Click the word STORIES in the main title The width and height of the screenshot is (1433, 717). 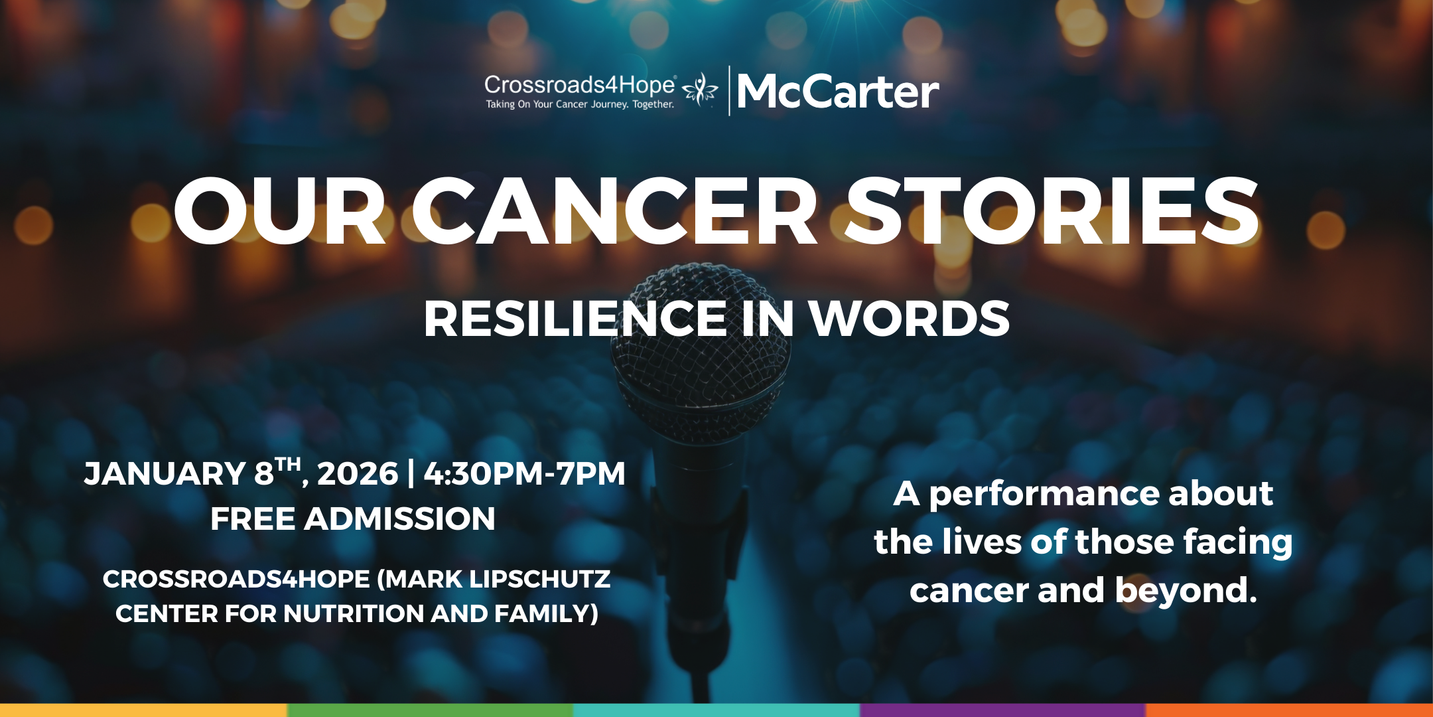tap(1052, 212)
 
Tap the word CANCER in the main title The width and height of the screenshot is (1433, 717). tap(614, 212)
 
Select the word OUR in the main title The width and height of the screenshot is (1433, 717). tap(279, 212)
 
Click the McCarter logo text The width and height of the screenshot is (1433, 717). tap(838, 92)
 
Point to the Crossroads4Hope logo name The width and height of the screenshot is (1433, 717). tap(580, 85)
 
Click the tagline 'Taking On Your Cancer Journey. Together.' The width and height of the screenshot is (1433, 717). tap(580, 104)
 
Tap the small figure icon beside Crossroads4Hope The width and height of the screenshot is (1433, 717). tap(701, 90)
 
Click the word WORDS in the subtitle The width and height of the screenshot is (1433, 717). tap(909, 319)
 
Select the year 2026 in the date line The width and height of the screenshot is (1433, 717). tap(358, 474)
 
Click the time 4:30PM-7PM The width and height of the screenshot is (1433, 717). tap(524, 474)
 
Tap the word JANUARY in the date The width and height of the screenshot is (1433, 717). tap(165, 474)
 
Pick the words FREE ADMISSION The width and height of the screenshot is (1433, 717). tap(353, 518)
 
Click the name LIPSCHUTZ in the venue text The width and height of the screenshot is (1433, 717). tap(540, 580)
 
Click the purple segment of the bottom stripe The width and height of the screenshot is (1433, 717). tap(1002, 710)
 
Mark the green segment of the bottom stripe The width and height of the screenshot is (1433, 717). tap(430, 710)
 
